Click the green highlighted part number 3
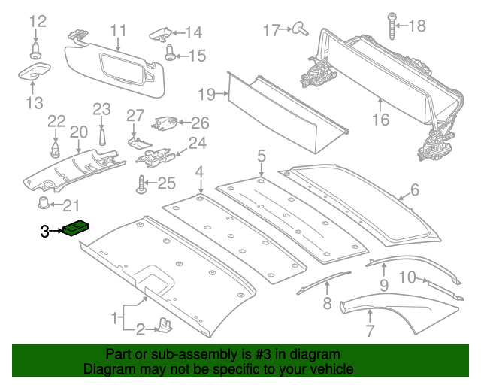(x=77, y=226)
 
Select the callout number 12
(x=37, y=21)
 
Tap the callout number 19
(x=207, y=94)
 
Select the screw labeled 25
(x=141, y=182)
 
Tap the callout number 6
(x=415, y=191)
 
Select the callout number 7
(x=370, y=330)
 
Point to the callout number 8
(x=327, y=304)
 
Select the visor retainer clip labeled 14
(x=161, y=32)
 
